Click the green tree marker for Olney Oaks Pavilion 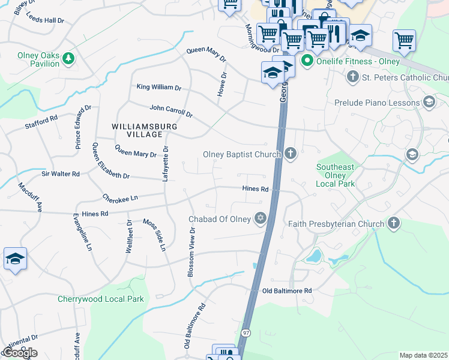[x=68, y=59]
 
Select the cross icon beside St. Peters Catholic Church [x=353, y=77]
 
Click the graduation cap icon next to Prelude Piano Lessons [x=429, y=103]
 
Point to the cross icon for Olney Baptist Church [x=291, y=154]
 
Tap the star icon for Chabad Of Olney [x=260, y=218]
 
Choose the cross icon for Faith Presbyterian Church [x=393, y=224]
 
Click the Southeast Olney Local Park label [x=336, y=176]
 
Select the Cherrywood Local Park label [x=100, y=299]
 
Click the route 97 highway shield [x=246, y=332]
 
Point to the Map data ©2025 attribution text [x=424, y=355]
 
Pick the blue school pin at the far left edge [x=15, y=260]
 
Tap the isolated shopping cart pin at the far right [x=405, y=41]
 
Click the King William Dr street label [x=159, y=88]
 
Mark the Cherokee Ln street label [x=120, y=197]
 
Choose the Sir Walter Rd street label [x=60, y=173]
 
